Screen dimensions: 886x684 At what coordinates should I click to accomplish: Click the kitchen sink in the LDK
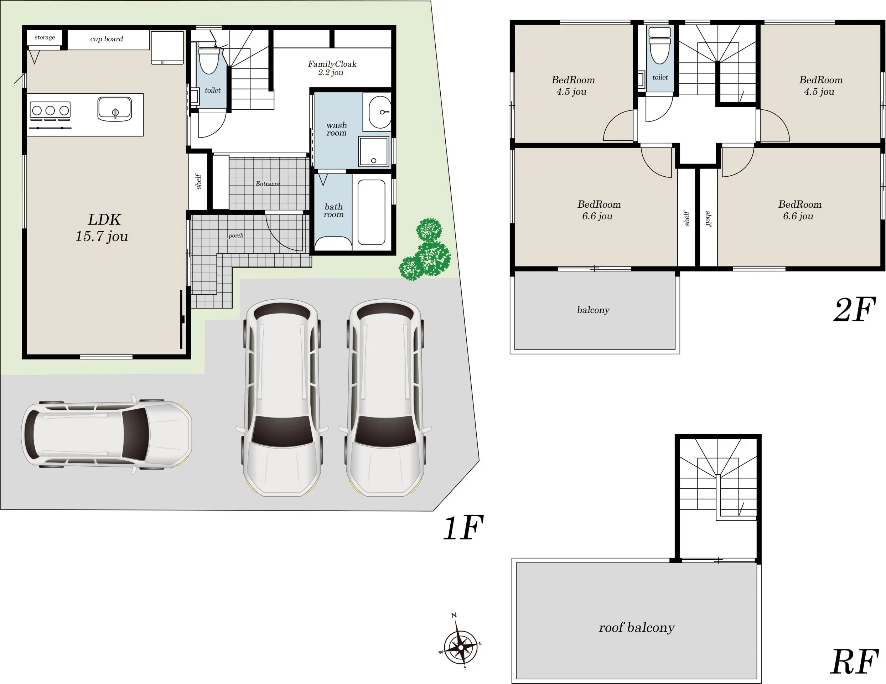(x=115, y=109)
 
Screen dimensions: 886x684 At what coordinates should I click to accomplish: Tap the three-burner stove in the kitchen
(x=50, y=110)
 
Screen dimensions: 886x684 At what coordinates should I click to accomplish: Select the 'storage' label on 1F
(x=45, y=37)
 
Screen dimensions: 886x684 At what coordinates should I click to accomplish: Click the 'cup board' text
(x=107, y=39)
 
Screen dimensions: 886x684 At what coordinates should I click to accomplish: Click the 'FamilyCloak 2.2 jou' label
(x=332, y=68)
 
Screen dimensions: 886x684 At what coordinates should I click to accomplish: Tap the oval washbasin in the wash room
(x=380, y=112)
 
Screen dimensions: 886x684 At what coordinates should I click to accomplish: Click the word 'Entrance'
(x=268, y=184)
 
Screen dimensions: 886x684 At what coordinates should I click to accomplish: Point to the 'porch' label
(x=236, y=235)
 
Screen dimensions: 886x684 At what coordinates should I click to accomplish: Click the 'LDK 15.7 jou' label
(x=102, y=228)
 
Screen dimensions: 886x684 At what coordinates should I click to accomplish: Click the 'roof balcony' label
(x=637, y=628)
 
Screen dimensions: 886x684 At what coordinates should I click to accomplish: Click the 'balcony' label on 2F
(x=593, y=310)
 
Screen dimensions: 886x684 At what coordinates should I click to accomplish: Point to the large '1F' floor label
(x=463, y=528)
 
